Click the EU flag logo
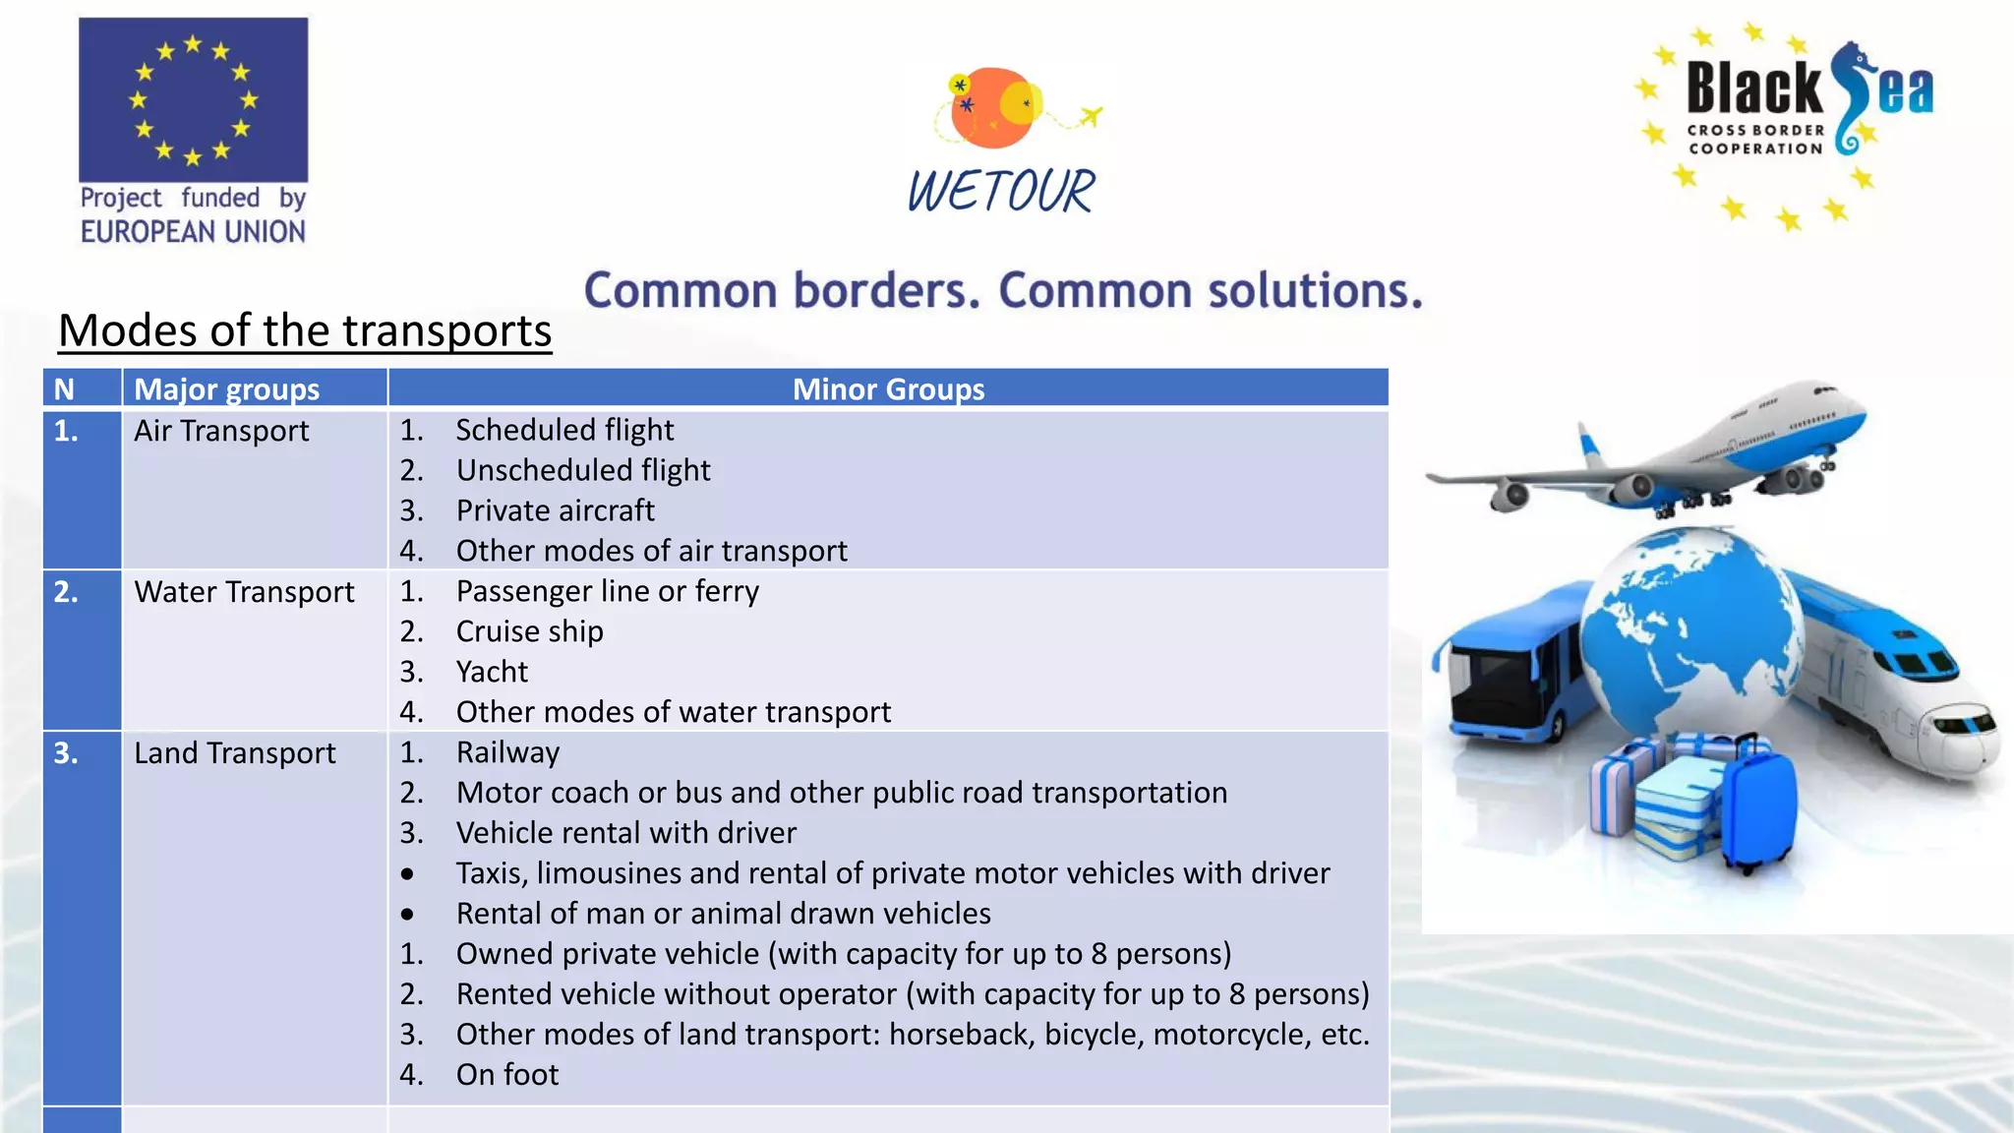tap(193, 99)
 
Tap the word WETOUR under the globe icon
tap(1000, 191)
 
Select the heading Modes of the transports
tap(305, 330)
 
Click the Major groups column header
tap(226, 389)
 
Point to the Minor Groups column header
tap(888, 389)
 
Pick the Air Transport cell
tap(221, 431)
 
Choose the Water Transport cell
tap(244, 592)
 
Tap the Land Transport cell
tap(234, 753)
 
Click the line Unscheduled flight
tap(582, 470)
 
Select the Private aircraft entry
tap(555, 510)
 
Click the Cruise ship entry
tap(529, 631)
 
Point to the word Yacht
tap(492, 672)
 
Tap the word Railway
tap(507, 752)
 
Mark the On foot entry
tap(506, 1075)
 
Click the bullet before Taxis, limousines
tap(407, 874)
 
